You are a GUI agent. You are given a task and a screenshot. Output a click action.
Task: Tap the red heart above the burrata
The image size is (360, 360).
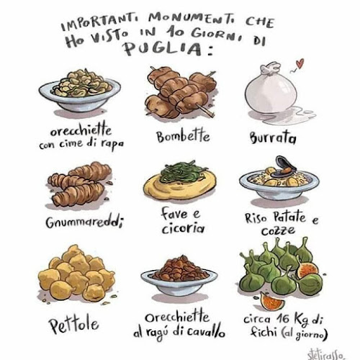pos(300,63)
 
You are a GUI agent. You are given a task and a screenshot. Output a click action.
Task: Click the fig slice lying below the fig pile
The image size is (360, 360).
pos(272,300)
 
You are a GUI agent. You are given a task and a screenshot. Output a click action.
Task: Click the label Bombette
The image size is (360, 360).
pos(183,136)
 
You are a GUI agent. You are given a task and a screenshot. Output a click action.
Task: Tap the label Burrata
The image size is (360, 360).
pos(273,138)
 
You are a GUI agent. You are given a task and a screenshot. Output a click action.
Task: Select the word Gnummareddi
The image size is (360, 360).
pos(84,222)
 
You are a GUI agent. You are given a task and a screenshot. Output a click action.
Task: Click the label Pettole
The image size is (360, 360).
pos(73,325)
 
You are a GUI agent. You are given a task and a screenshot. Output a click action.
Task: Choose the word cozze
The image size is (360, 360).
pos(278,231)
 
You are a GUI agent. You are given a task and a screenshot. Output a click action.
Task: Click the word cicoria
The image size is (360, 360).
pos(183,228)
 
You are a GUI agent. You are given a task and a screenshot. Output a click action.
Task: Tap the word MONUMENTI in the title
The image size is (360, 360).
pos(192,19)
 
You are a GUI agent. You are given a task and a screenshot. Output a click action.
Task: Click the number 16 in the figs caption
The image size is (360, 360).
pos(283,318)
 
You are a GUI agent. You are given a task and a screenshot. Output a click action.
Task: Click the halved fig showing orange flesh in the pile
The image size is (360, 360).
pos(307,270)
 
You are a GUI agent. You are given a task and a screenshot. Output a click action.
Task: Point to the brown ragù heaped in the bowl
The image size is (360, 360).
pos(179,269)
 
